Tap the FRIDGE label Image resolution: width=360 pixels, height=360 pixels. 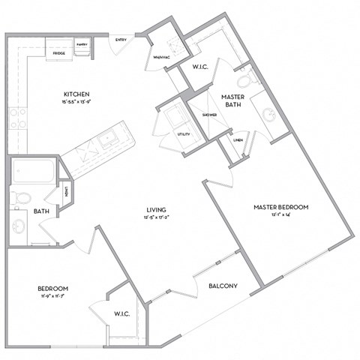[x=58, y=53]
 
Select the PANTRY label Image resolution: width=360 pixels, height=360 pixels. [x=82, y=45]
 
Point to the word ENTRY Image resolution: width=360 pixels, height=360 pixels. [x=121, y=40]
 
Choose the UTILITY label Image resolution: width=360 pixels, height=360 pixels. [x=183, y=134]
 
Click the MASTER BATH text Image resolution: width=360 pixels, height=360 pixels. [x=234, y=102]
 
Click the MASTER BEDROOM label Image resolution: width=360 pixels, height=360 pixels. [x=280, y=207]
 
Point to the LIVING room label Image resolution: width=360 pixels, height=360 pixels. [x=156, y=209]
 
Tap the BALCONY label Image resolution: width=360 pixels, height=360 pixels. [x=223, y=286]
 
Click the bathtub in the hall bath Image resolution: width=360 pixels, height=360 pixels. [x=34, y=173]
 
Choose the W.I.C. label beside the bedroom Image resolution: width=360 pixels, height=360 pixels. [x=122, y=313]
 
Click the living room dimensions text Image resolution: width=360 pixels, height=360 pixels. [x=156, y=217]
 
